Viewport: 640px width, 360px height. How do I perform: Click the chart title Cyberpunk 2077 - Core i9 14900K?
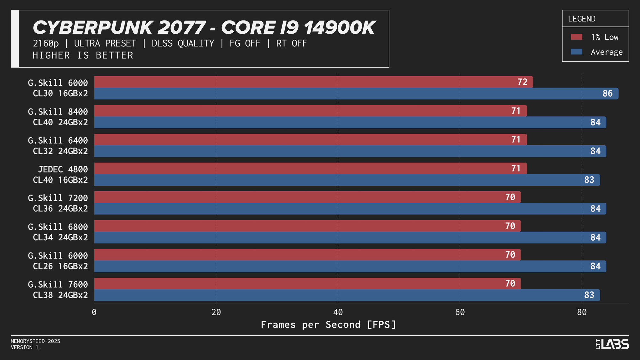click(204, 28)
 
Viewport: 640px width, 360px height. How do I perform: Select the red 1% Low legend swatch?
click(576, 37)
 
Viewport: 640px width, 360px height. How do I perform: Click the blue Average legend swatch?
click(576, 52)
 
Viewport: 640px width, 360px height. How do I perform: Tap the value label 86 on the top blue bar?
click(607, 93)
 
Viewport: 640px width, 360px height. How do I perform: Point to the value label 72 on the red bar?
click(522, 82)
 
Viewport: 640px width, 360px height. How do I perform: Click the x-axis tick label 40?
click(338, 312)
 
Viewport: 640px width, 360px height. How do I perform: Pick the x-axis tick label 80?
click(582, 312)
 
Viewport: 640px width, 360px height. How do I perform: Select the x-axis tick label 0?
click(94, 312)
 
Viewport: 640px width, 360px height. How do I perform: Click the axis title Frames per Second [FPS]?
click(329, 324)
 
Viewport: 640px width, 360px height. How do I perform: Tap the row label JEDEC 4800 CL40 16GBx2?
click(60, 174)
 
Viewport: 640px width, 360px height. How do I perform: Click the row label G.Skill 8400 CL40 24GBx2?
click(58, 117)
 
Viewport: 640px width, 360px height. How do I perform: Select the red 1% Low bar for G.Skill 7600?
click(307, 284)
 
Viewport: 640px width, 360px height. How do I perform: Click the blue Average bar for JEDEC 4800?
click(347, 180)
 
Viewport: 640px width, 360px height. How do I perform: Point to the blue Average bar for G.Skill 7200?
click(350, 209)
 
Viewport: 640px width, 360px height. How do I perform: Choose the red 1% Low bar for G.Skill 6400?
click(310, 140)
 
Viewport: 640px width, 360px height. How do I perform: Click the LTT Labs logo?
click(612, 344)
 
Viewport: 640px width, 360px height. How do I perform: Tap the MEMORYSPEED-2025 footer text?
click(36, 341)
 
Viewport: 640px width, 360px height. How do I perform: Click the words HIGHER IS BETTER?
click(83, 55)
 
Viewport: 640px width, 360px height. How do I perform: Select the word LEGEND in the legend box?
click(581, 19)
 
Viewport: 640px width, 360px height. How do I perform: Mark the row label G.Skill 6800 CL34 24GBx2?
click(58, 232)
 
